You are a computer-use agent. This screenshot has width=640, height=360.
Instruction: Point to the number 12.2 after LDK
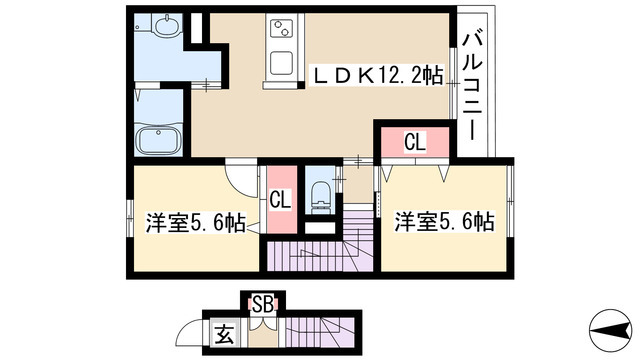pos(397,75)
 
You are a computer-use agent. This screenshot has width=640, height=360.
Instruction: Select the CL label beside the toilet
pos(280,200)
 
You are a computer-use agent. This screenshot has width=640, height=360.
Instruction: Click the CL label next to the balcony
pos(414,143)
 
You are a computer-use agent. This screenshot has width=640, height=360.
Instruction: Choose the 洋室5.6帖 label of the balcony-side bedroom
pos(443,222)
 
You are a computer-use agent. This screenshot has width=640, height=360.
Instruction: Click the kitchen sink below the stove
pos(277,62)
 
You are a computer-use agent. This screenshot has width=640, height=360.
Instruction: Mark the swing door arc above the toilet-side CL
pos(245,181)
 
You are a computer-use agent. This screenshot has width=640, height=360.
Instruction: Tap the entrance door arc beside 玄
pos(194,331)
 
